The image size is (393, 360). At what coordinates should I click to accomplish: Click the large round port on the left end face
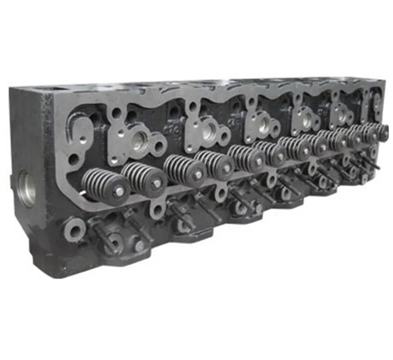coord(26,188)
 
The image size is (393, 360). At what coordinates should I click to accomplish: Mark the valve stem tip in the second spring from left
coord(157,184)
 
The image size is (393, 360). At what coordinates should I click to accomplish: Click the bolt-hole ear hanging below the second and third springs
coord(157,210)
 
